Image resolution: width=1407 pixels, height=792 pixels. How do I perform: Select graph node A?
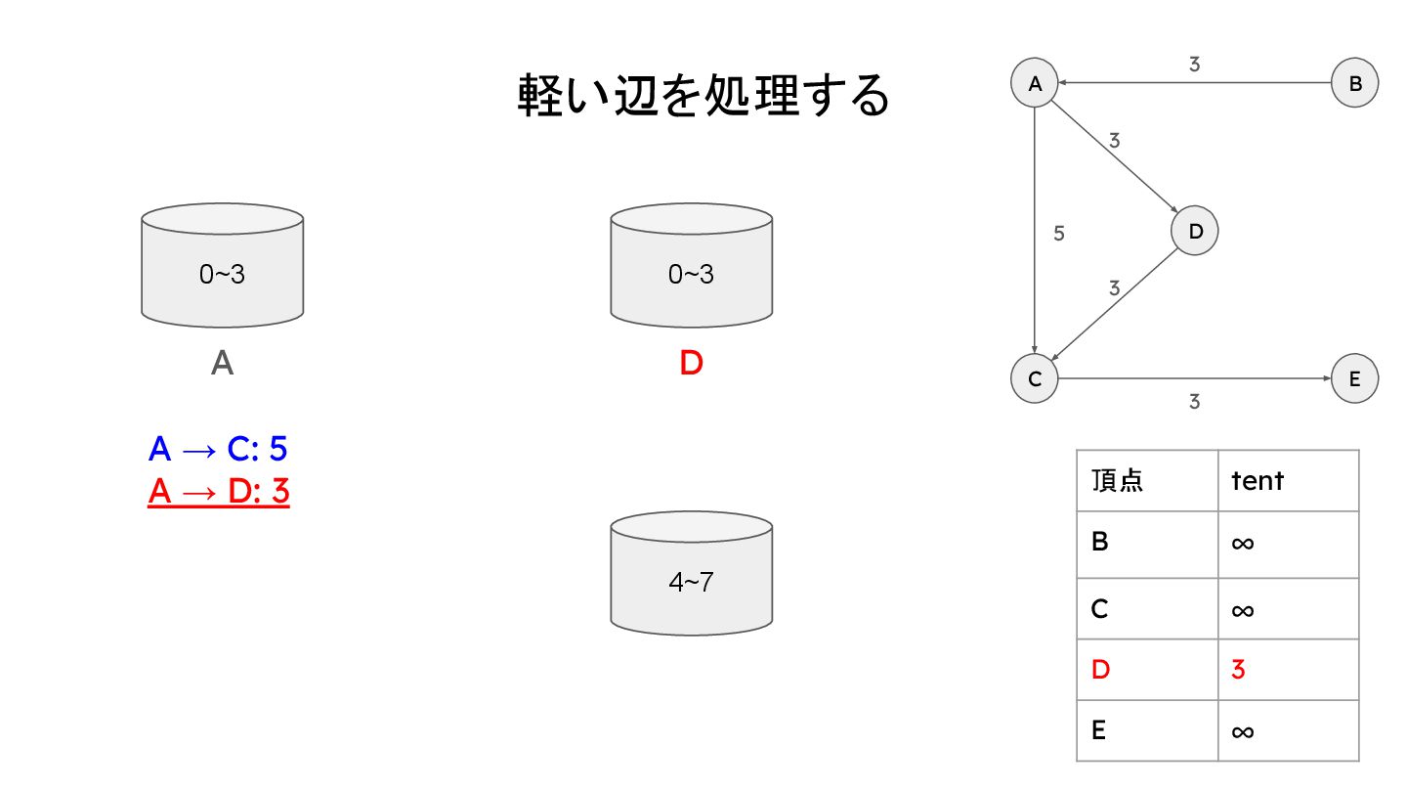[1035, 83]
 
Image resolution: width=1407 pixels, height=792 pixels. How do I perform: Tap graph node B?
[1355, 83]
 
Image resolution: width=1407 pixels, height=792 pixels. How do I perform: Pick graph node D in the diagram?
[1195, 232]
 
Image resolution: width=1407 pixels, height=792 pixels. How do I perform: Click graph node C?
[1035, 379]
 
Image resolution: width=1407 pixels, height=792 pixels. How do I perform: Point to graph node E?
[1355, 379]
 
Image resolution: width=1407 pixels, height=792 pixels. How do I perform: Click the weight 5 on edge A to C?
[1059, 234]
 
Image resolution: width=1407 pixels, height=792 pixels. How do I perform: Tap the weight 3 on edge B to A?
[1194, 65]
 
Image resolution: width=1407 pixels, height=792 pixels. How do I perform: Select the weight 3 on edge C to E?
[1194, 401]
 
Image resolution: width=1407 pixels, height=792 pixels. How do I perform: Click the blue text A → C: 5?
[218, 449]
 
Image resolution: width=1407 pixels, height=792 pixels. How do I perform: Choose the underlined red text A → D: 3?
[219, 492]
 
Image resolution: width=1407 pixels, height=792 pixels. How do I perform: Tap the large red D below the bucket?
[691, 364]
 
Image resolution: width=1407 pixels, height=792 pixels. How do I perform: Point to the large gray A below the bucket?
[222, 364]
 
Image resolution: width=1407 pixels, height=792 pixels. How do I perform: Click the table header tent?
[1258, 480]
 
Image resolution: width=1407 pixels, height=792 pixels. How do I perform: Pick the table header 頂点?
[1117, 480]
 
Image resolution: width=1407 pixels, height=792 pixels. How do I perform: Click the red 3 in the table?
[1239, 670]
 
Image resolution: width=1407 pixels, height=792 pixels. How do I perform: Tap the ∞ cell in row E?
[1242, 731]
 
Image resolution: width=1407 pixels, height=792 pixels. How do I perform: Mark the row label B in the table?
[1100, 541]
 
